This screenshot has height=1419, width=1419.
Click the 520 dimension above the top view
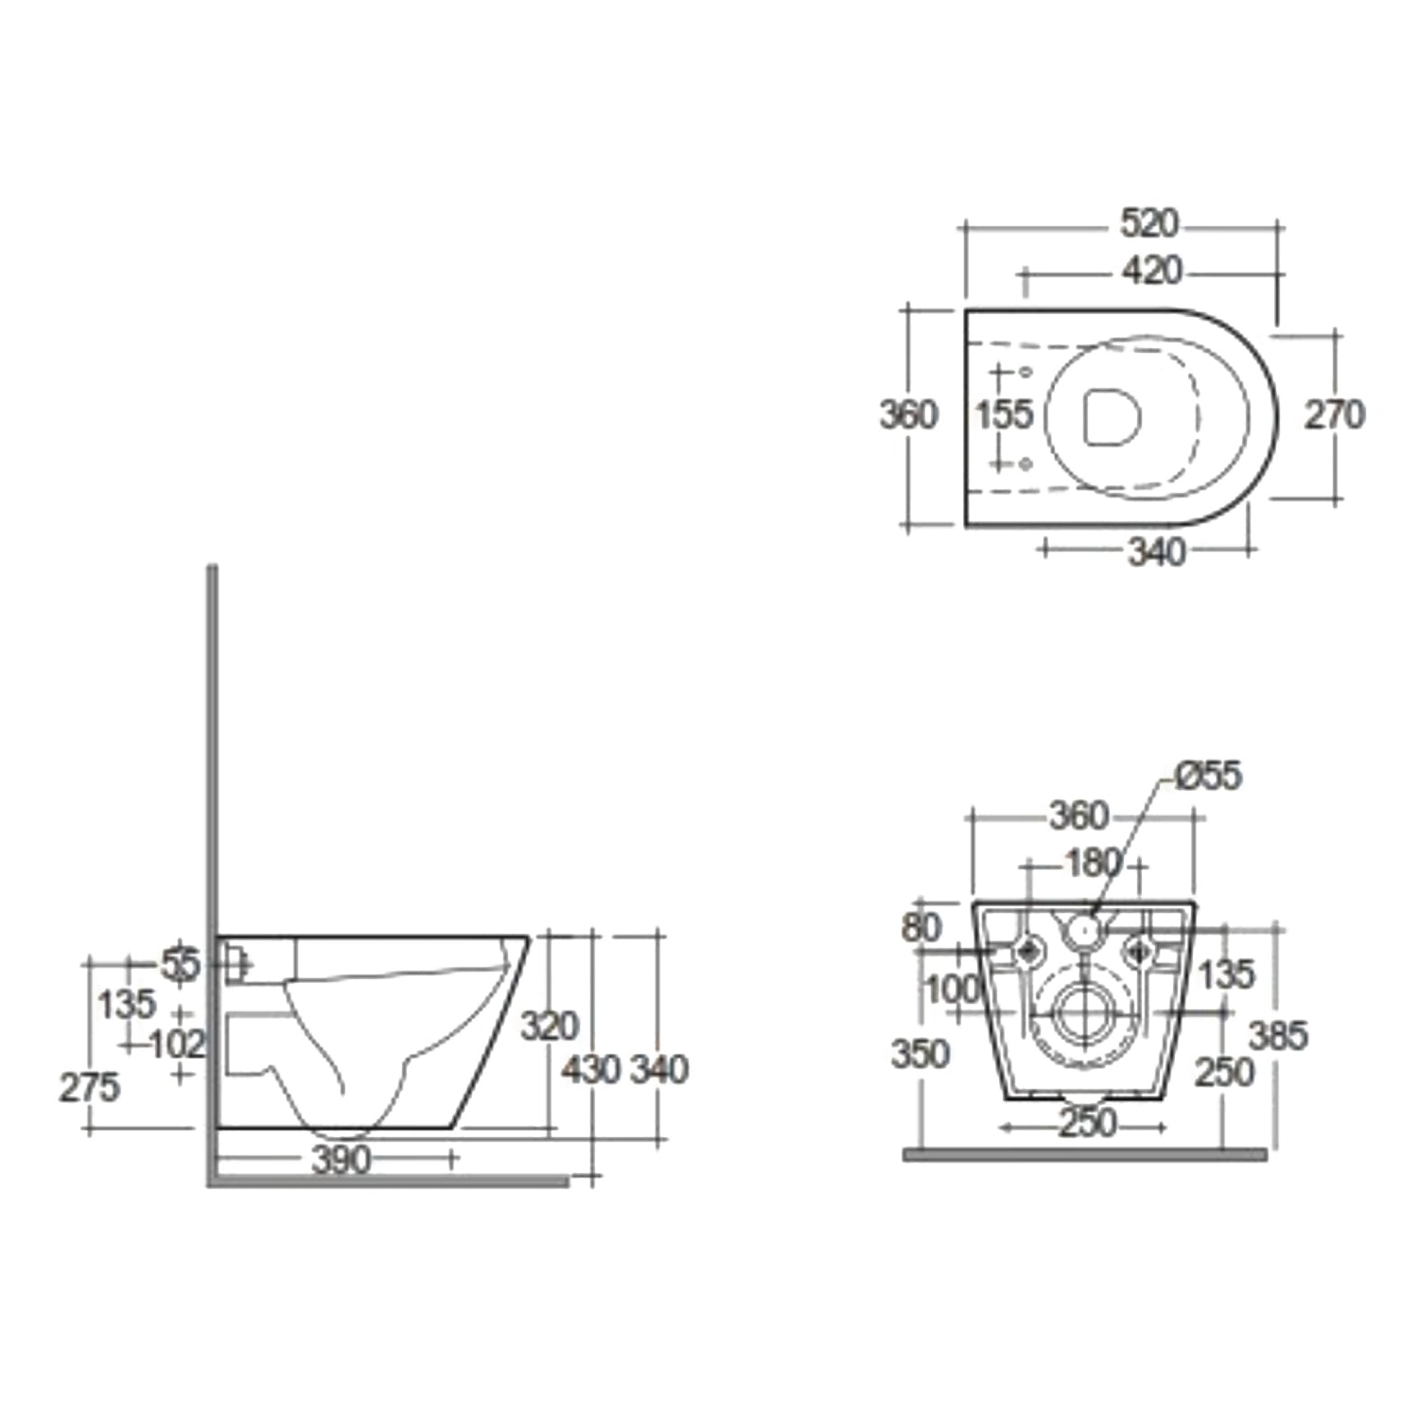point(1149,224)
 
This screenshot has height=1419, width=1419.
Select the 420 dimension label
point(1151,272)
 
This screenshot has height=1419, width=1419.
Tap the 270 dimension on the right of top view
point(1335,414)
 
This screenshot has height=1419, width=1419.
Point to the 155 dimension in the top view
point(1004,414)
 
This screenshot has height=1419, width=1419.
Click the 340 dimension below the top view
point(1156,552)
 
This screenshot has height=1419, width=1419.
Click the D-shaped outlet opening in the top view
point(1111,416)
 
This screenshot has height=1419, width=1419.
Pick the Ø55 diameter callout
point(1208,776)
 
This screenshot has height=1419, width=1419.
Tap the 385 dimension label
point(1277,1035)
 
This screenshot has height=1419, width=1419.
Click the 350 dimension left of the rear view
point(920,1053)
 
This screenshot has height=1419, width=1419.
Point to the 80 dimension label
point(920,927)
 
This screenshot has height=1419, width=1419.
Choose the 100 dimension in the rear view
point(951,990)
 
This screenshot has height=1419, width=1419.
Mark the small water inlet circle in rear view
point(1085,932)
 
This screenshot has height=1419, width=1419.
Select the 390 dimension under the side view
point(341,1160)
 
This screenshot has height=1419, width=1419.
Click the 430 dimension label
point(590,1070)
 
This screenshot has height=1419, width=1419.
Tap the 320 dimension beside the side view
point(550,1025)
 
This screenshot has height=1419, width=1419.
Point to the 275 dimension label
point(89,1088)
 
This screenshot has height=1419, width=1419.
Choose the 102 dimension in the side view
point(178,1044)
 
